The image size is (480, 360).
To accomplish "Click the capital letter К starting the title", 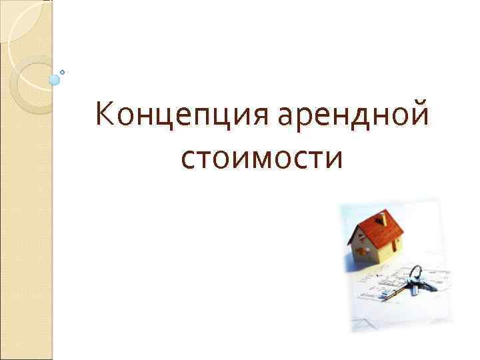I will coord(104,114).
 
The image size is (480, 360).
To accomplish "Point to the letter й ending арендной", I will coord(418,113).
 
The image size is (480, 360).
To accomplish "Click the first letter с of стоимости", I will coord(188,160).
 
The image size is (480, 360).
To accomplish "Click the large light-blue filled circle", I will coord(55,80).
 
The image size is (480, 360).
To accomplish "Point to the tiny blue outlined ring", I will coord(63,71).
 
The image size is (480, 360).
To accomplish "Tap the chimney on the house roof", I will coord(381,217).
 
